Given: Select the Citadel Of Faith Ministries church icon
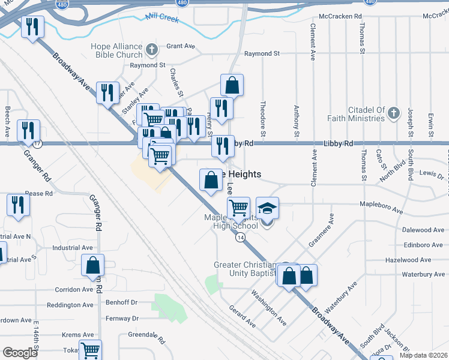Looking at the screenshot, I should pyautogui.click(x=393, y=112).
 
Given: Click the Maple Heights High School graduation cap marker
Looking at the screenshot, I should pyautogui.click(x=268, y=208).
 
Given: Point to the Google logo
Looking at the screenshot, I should pyautogui.click(x=20, y=352).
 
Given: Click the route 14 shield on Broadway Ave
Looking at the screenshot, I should pyautogui.click(x=240, y=238).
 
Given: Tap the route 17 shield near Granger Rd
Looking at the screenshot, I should pyautogui.click(x=38, y=144).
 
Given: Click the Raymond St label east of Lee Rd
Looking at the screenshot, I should pyautogui.click(x=262, y=54).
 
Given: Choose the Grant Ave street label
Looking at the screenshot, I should pyautogui.click(x=181, y=46).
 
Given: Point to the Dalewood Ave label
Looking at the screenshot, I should pyautogui.click(x=423, y=230).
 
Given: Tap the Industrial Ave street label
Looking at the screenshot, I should pyautogui.click(x=72, y=247).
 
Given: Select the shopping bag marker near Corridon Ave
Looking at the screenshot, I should pyautogui.click(x=92, y=265).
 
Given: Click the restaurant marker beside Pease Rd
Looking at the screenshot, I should pyautogui.click(x=18, y=205).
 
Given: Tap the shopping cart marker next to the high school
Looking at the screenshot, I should pyautogui.click(x=239, y=208).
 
